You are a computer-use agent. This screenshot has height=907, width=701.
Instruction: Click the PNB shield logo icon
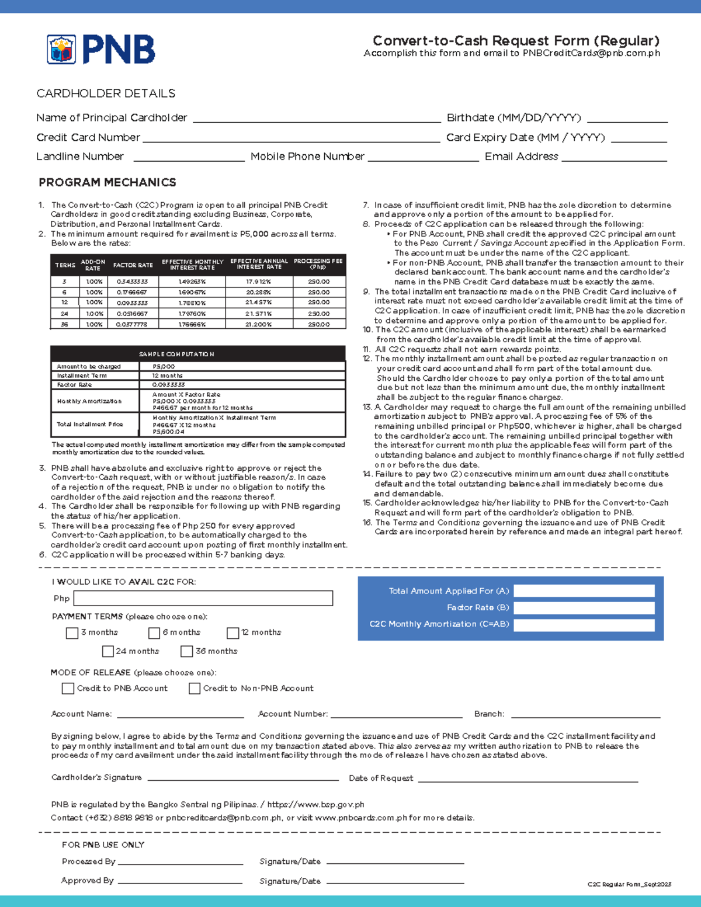coord(61,49)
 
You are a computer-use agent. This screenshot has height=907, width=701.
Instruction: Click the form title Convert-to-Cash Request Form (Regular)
coord(516,40)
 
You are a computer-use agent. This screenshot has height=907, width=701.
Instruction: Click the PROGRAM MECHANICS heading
coord(107,182)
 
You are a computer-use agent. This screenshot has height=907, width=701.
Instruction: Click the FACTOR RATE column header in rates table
coord(133,265)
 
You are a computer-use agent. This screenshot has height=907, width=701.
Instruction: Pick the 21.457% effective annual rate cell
coord(258,303)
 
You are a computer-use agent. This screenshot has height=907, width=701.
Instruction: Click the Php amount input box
coord(203,598)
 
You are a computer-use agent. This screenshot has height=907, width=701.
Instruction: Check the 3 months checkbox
coord(72,633)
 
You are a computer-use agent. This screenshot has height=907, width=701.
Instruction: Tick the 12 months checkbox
coord(233,633)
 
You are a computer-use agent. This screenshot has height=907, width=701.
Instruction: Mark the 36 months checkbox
coord(187,651)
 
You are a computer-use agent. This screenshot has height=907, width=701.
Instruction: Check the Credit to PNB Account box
coord(68,689)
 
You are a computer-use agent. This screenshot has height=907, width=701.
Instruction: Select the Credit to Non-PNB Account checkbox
coord(195,689)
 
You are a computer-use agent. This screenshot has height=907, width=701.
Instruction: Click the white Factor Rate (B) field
coord(584,607)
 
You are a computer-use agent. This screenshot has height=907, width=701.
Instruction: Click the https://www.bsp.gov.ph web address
coord(315,804)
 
